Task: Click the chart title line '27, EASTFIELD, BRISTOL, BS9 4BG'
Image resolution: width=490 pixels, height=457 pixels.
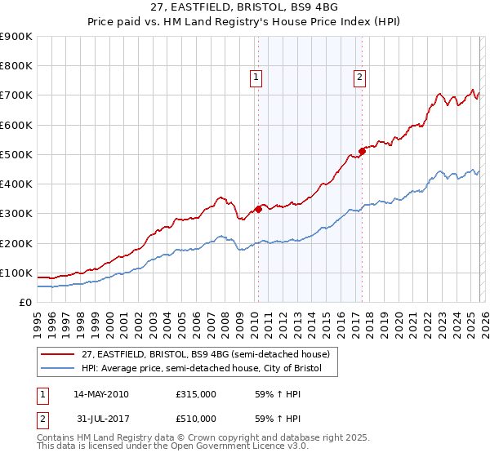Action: coord(244,8)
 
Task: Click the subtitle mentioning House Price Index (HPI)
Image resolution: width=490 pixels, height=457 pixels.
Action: coord(244,23)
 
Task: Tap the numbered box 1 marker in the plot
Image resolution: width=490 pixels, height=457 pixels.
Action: coord(256,78)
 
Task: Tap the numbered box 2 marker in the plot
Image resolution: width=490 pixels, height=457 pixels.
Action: coord(359,78)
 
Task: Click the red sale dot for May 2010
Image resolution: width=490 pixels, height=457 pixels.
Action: coord(258,209)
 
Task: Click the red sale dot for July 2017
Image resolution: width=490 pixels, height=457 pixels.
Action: coord(362,151)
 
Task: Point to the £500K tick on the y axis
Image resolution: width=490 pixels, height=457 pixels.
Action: coord(16,154)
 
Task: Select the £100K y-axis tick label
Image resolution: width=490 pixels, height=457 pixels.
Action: coord(16,273)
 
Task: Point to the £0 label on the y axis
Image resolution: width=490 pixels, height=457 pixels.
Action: coord(24,302)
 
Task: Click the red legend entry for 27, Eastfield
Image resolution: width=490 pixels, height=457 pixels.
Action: coord(205,354)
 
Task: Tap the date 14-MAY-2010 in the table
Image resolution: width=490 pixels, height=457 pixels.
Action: coord(101,395)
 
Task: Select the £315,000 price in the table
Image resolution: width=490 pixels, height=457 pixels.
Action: coord(196,395)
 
